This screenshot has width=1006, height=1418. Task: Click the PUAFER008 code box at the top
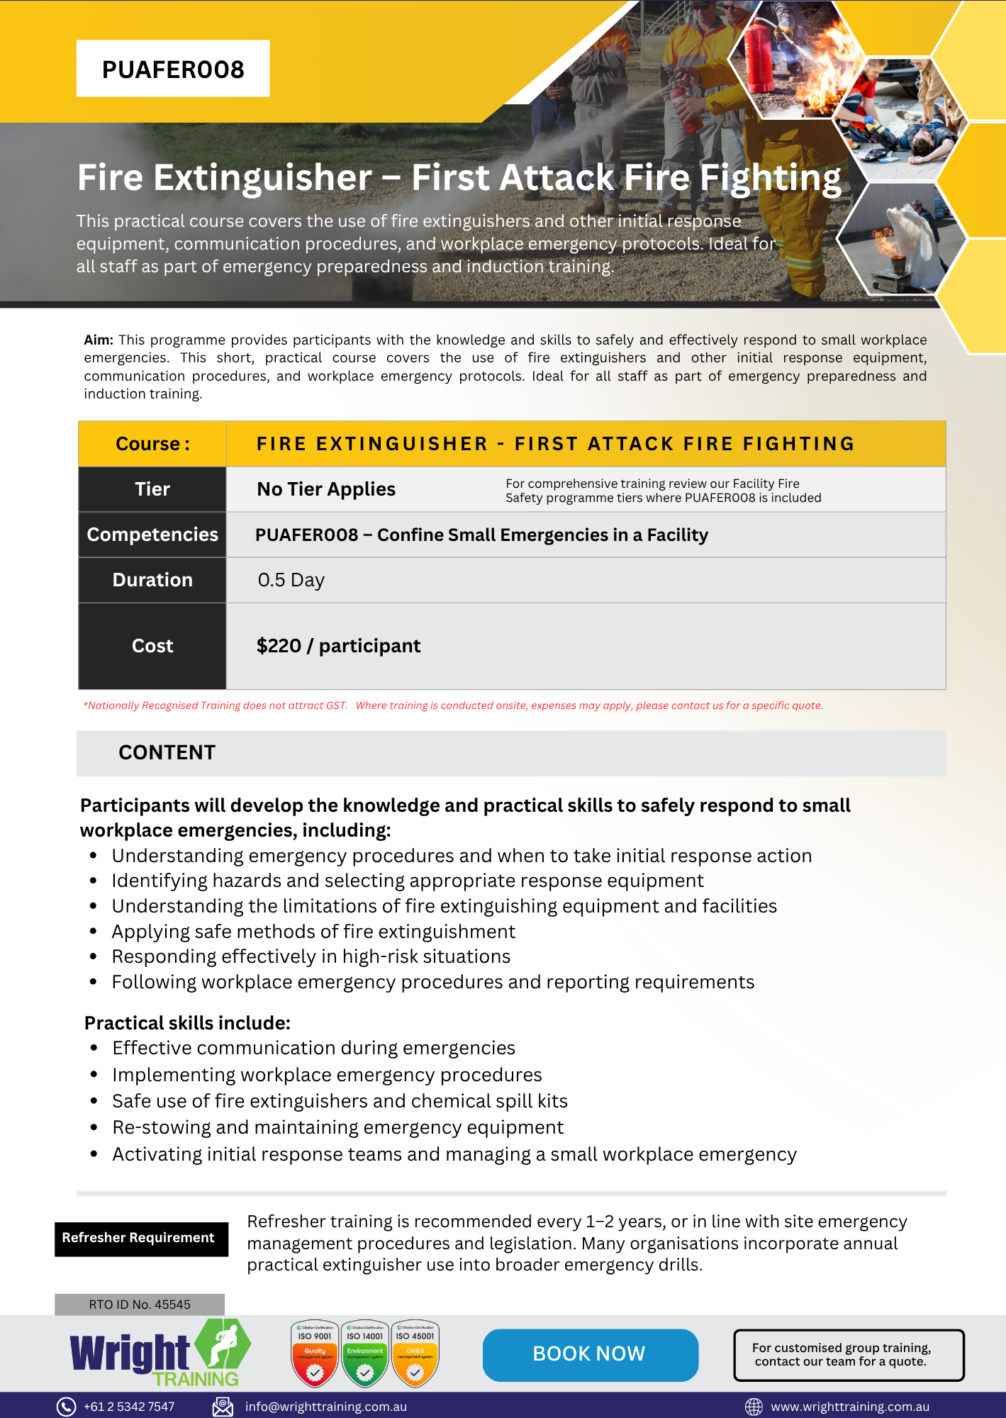point(173,69)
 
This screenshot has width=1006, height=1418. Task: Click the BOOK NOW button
point(590,1354)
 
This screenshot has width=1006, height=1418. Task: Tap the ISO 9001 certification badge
point(315,1353)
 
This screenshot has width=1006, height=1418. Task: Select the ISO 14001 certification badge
point(365,1353)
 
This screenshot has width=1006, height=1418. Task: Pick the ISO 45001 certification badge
point(415,1353)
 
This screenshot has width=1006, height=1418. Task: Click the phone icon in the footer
point(66,1407)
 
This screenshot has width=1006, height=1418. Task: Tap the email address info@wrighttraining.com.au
point(325,1407)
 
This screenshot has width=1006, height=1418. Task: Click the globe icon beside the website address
point(754,1407)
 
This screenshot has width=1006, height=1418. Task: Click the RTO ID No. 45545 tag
point(140,1305)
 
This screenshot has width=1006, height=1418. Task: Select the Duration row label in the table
point(152,580)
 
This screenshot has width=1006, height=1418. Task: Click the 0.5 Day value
point(291,580)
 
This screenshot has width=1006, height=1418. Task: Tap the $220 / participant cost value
point(338,646)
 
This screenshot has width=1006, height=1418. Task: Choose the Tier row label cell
point(152,489)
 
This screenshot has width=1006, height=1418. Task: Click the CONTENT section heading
point(167,753)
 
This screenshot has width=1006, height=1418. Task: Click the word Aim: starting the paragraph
point(99,340)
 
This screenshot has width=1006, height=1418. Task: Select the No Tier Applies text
point(326,489)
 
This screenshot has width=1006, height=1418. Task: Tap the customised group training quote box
point(848,1355)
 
